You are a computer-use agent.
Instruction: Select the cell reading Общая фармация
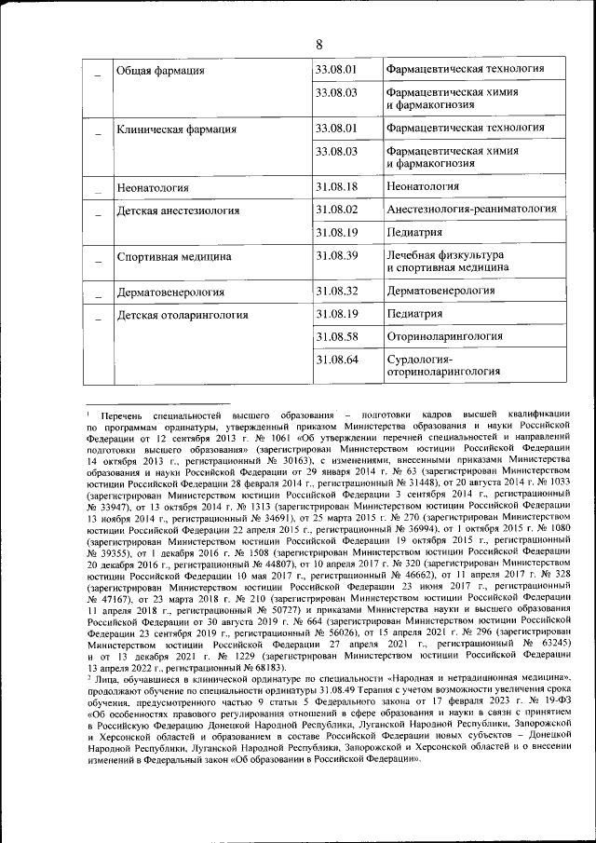click(159, 70)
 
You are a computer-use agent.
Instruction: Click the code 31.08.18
click(336, 186)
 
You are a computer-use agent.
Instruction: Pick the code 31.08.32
click(336, 291)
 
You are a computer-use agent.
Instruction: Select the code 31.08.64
click(336, 360)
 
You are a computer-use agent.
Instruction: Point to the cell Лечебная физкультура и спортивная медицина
click(447, 261)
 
